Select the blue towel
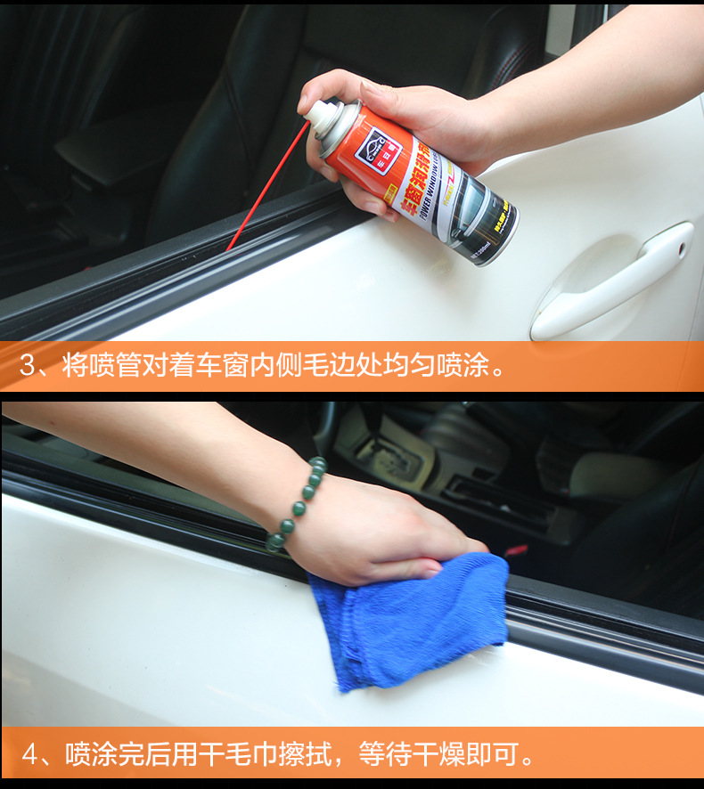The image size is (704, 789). [x=410, y=619]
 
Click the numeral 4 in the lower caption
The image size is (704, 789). [x=31, y=755]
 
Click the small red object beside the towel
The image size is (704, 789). [x=517, y=550]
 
